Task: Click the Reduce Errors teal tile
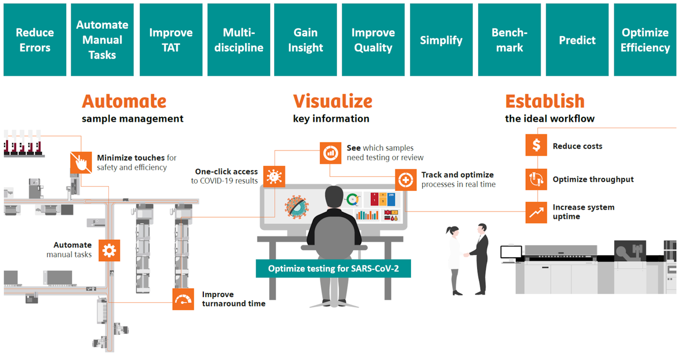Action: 35,40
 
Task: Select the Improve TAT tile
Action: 171,40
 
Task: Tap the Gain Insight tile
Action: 306,40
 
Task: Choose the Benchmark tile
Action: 509,40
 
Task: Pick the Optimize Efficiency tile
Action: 645,40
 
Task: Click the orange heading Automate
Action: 124,101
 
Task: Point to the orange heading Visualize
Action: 332,101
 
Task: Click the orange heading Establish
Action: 545,101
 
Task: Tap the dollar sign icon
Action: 536,145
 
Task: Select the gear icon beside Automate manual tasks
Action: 109,250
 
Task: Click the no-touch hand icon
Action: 81,163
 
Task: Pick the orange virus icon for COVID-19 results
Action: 274,177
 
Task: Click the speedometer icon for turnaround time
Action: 183,299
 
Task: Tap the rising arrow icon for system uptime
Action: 536,212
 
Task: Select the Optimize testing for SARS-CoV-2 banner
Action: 333,269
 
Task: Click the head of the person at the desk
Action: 334,197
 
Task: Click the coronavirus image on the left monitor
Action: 297,206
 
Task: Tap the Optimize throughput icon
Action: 536,179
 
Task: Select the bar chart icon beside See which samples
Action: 331,153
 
